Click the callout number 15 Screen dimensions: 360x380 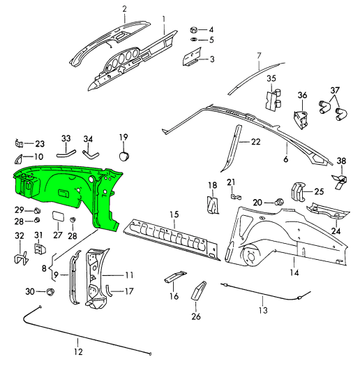click(174, 214)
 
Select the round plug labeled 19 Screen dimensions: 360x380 click(124, 156)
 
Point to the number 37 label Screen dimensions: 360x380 click(335, 90)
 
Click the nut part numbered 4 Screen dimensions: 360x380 click(194, 30)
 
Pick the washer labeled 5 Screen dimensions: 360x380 click(194, 40)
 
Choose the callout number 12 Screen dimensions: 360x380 click(78, 351)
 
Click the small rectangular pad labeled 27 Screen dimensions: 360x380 click(58, 216)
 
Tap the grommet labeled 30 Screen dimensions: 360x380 click(50, 291)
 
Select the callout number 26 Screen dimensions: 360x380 click(196, 316)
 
